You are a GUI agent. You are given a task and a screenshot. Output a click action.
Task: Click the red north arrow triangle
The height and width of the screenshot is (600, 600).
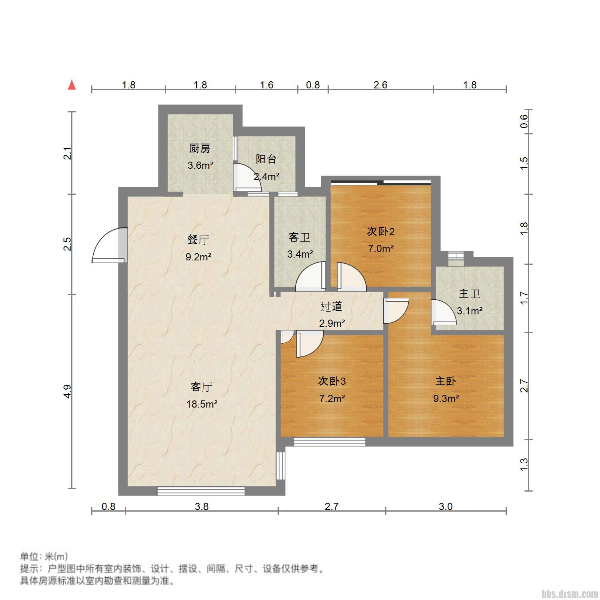coord(72,85)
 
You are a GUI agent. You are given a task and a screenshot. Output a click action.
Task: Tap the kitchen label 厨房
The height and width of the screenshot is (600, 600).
coord(200,148)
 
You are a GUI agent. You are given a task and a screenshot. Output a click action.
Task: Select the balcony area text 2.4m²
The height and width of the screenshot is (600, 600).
coord(266,176)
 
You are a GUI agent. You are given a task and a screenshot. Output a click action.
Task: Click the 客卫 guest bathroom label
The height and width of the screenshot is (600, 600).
coord(300,237)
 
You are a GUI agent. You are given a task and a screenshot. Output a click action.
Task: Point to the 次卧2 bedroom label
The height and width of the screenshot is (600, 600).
coord(381,231)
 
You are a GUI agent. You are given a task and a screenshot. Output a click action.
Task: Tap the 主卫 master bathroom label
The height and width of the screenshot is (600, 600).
coord(470,294)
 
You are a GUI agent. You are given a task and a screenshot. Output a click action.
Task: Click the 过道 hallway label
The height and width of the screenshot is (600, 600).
coord(332,306)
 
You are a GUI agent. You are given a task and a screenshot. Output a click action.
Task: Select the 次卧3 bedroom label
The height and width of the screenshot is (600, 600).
coord(332,381)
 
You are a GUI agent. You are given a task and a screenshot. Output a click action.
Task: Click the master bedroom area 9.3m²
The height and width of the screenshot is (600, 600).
coord(446,398)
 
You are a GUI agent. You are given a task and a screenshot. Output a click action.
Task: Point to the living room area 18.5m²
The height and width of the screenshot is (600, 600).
coord(202,404)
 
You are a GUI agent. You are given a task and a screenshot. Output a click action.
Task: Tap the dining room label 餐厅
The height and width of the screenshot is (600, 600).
coord(198,240)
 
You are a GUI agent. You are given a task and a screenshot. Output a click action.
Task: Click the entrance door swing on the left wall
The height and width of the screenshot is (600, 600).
coord(109,245)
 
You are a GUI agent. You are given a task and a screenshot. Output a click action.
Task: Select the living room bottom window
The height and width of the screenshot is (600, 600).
coord(201,491)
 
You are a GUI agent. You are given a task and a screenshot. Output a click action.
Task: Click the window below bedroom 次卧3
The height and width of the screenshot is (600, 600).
coord(330,442)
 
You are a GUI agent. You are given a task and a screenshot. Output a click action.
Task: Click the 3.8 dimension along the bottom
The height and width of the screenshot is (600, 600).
coord(202,506)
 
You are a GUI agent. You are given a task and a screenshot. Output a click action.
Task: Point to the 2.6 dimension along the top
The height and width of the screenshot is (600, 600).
coord(380,85)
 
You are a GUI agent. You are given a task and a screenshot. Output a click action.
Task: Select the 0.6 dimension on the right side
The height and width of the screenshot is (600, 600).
coord(524,121)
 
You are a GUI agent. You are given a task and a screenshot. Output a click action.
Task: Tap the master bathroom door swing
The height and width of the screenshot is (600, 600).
coord(443,312)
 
